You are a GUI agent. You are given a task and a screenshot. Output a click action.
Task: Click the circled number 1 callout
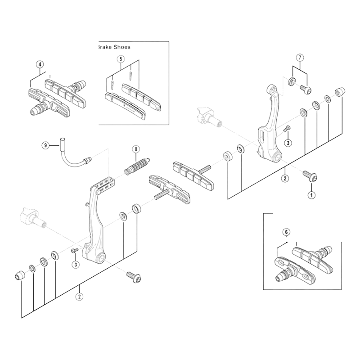click(310, 195)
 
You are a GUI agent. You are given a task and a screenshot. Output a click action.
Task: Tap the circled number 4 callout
click(40, 64)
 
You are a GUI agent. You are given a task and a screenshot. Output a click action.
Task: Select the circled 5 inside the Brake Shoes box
click(121, 59)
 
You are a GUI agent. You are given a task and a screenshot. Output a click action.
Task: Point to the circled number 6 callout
click(286, 232)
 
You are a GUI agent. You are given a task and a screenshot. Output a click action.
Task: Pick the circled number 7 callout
click(300, 57)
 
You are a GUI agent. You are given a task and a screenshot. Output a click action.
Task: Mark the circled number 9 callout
click(45, 145)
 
